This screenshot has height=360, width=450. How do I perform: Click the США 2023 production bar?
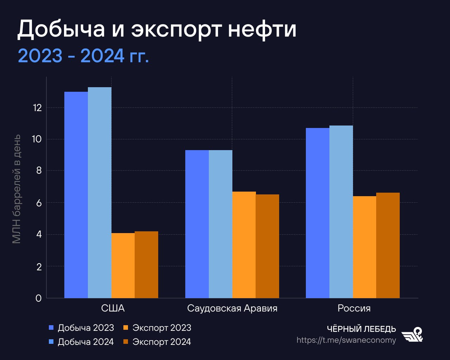pyautogui.click(x=76, y=195)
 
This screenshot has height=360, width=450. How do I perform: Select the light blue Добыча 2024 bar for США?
pyautogui.click(x=99, y=193)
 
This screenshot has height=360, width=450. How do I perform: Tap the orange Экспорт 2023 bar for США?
pyautogui.click(x=123, y=265)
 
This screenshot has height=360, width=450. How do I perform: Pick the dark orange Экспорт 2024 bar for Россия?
pyautogui.click(x=388, y=245)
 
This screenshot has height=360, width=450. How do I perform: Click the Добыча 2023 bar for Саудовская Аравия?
pyautogui.click(x=197, y=224)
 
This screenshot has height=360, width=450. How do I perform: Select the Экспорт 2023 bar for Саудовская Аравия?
pyautogui.click(x=244, y=245)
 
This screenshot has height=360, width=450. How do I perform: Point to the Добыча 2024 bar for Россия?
pyautogui.click(x=341, y=212)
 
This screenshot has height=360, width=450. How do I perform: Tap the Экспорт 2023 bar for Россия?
pyautogui.click(x=365, y=247)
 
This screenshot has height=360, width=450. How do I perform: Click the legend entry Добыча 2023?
pyautogui.click(x=82, y=328)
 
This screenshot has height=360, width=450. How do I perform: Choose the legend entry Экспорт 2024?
pyautogui.click(x=157, y=342)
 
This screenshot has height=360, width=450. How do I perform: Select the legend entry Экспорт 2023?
pyautogui.click(x=157, y=328)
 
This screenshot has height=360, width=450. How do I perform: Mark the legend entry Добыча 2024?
pyautogui.click(x=82, y=342)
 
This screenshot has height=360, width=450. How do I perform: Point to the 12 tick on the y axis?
pyautogui.click(x=37, y=108)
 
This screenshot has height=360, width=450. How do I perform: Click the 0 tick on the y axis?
pyautogui.click(x=39, y=298)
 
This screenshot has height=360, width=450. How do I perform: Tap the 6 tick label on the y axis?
pyautogui.click(x=39, y=203)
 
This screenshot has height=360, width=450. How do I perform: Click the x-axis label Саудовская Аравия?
pyautogui.click(x=232, y=308)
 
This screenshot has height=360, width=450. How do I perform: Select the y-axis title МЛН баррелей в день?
pyautogui.click(x=16, y=189)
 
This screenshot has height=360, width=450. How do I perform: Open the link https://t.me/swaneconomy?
pyautogui.click(x=346, y=340)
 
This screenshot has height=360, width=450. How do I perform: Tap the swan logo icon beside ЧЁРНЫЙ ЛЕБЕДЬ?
pyautogui.click(x=413, y=334)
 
